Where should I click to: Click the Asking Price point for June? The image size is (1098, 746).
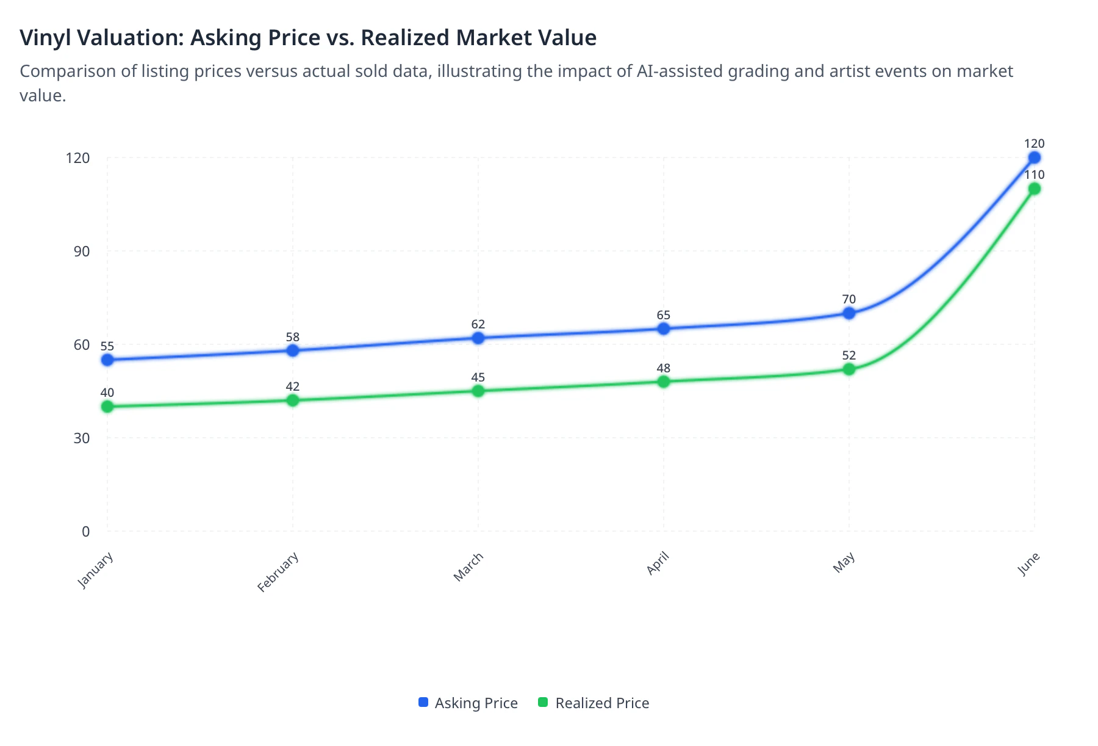point(1034,158)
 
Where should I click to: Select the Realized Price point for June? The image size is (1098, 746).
point(1034,189)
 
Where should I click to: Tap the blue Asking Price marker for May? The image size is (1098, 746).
point(849,313)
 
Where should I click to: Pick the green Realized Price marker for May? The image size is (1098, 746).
point(849,369)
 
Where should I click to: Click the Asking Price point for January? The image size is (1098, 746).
point(107,360)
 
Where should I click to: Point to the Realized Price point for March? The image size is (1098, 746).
point(478,391)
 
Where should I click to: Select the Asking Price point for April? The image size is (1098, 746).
point(664,329)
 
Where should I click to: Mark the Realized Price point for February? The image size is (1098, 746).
point(293,400)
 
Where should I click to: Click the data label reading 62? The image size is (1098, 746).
point(478,324)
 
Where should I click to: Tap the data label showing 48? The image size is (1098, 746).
point(664,368)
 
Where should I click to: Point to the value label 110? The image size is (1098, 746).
point(1034,175)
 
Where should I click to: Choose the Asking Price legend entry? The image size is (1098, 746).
point(468,703)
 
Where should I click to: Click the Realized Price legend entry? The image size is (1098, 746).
point(594,703)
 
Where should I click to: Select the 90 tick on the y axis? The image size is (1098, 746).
point(82,252)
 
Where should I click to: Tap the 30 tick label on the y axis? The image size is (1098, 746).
point(82,438)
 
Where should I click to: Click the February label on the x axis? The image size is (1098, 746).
point(278,572)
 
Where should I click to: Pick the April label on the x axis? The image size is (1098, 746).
point(658,563)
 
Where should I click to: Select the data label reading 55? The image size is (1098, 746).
point(107,346)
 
